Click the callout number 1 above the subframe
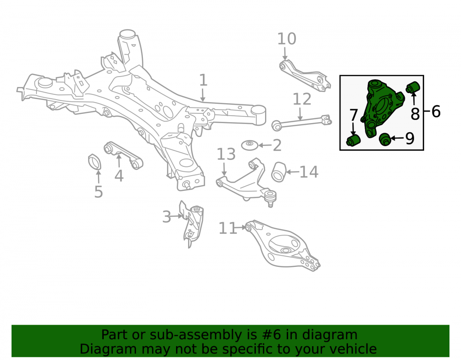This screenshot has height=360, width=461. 203,80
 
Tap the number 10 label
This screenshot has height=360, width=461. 287,39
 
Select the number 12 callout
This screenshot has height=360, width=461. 302,99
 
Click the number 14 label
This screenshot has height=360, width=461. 309,172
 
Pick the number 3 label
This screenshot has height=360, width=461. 167,217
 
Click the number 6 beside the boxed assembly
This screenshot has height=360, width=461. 436,112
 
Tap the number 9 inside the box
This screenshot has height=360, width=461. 409,138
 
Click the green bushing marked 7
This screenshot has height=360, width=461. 354,140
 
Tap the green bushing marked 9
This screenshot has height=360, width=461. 384,139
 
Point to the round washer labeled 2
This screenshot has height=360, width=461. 249,145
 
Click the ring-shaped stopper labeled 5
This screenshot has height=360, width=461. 95,162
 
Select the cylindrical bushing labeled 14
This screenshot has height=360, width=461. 278,172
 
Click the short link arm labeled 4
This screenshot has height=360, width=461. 124,155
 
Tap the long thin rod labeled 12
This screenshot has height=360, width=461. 301,122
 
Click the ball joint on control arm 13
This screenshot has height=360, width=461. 270,198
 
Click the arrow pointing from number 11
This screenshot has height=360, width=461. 241,227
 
